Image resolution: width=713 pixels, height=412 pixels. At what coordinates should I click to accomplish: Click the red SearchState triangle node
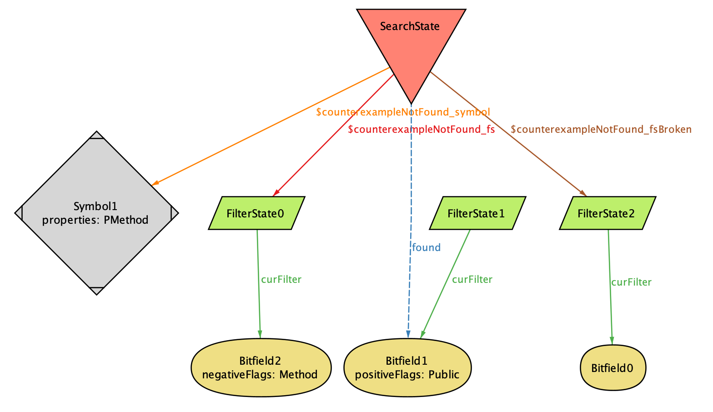click(x=411, y=41)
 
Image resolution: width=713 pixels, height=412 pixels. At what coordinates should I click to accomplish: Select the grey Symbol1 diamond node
click(x=96, y=213)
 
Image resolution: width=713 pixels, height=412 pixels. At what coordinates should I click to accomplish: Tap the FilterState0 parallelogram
click(x=256, y=213)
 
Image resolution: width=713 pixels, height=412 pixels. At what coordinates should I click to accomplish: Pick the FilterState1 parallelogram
click(x=477, y=213)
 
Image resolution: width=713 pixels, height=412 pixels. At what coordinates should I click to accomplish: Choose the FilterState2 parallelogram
click(x=607, y=213)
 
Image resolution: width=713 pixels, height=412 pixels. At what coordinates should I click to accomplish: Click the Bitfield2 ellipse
click(x=261, y=367)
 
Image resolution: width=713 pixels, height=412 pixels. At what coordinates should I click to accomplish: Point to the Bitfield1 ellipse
click(x=407, y=367)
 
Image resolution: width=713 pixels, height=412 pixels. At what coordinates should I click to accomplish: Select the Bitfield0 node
click(x=613, y=368)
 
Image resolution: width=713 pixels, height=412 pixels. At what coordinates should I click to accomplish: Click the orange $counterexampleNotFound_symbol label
click(x=403, y=112)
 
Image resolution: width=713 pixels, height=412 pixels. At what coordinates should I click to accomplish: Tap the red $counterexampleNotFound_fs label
click(x=421, y=129)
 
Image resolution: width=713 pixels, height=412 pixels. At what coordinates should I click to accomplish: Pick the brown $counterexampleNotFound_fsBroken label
click(x=601, y=129)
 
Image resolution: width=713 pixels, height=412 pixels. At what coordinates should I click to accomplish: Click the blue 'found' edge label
click(x=426, y=247)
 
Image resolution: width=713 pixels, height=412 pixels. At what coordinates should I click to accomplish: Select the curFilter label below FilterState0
click(x=281, y=280)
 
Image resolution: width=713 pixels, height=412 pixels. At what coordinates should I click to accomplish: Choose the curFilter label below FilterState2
click(x=631, y=282)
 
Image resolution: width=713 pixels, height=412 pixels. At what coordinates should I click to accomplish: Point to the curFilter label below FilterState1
click(x=472, y=280)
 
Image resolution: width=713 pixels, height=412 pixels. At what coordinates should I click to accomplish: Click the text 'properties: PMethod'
click(x=95, y=220)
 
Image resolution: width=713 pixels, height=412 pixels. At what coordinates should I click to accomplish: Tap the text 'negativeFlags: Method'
click(x=260, y=375)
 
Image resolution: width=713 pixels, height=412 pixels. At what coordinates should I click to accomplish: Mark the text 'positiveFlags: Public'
click(x=407, y=375)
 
